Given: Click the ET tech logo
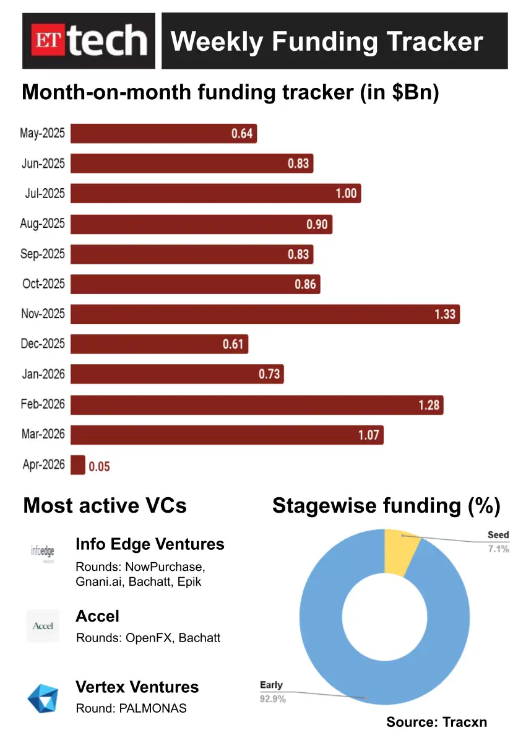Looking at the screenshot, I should point(89,41).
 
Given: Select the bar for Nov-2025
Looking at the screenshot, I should point(265,314).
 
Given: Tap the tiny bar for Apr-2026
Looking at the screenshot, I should point(78,465).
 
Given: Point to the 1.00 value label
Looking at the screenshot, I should point(346,194).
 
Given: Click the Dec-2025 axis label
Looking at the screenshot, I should point(43,344).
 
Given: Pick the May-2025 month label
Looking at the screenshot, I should point(43,133).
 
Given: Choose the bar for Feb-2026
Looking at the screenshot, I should point(257,405).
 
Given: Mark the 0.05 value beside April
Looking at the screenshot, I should point(99,467).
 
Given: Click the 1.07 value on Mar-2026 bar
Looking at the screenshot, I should point(368,435).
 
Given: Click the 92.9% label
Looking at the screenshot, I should point(273,698).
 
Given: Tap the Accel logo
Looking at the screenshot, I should point(43,626).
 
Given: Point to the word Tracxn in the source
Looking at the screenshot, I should point(470,722).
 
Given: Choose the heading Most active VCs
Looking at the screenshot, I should point(105,505).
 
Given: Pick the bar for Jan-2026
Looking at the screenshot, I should point(177,374).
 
